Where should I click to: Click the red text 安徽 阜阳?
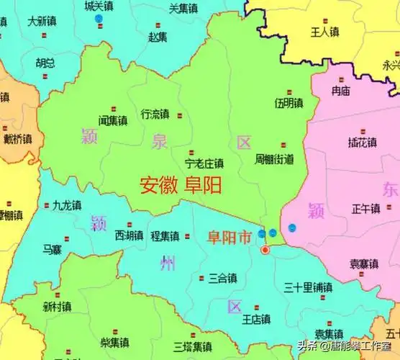(x=181, y=186)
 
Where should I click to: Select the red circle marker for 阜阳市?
(x=265, y=250)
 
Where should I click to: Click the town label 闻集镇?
(x=113, y=120)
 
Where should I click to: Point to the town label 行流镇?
(x=155, y=114)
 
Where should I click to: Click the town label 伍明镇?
(x=288, y=104)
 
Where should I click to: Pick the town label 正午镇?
(x=365, y=208)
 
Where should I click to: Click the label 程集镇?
(x=165, y=235)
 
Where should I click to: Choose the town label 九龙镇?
(x=67, y=205)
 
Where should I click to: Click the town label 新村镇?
(x=57, y=307)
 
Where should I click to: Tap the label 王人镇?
(x=324, y=32)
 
